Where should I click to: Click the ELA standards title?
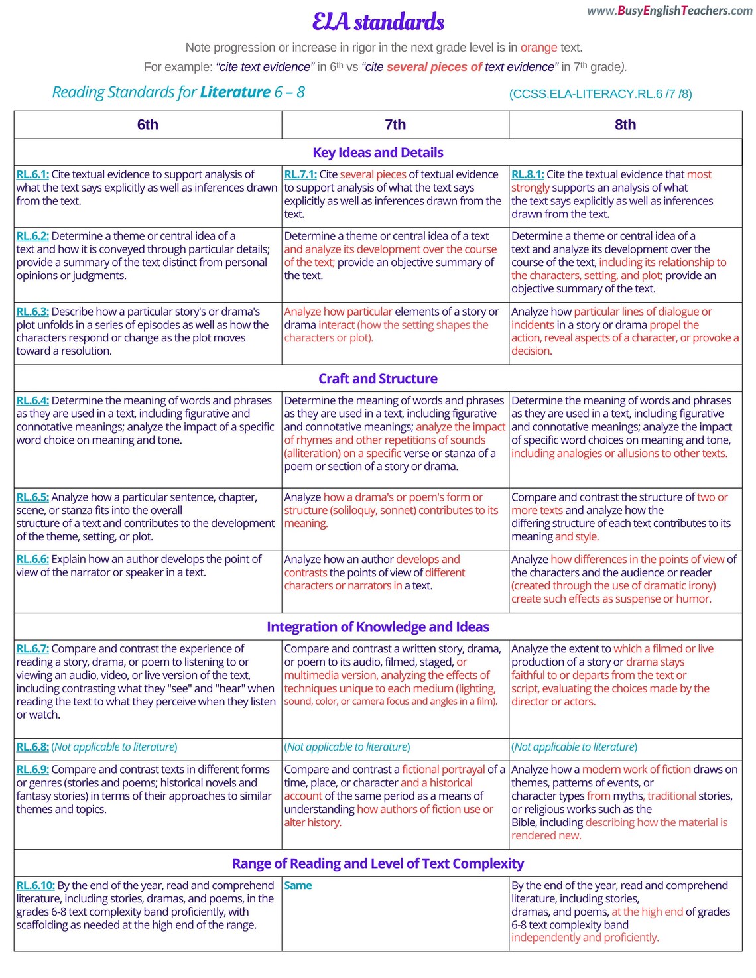(x=378, y=22)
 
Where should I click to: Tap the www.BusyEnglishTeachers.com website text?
(x=669, y=11)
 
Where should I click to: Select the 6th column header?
(x=147, y=125)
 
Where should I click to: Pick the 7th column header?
(x=395, y=125)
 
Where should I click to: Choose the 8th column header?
(x=625, y=125)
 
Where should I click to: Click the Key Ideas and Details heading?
(x=378, y=153)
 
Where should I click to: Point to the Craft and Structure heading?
(x=378, y=379)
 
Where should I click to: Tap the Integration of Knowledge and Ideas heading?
(x=378, y=627)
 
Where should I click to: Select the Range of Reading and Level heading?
(x=378, y=863)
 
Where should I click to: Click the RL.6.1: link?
(x=32, y=174)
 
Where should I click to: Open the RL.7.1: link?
(x=300, y=174)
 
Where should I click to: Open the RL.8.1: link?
(x=527, y=174)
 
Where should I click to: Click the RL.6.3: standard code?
(x=32, y=312)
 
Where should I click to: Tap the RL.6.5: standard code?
(x=32, y=497)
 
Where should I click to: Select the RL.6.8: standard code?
(x=32, y=747)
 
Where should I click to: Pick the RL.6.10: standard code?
(x=35, y=885)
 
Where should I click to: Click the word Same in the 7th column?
(x=298, y=885)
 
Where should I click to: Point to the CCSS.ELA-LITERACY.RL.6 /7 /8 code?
(x=600, y=94)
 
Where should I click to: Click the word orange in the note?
(x=538, y=48)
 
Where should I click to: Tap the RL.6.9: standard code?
(x=32, y=770)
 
